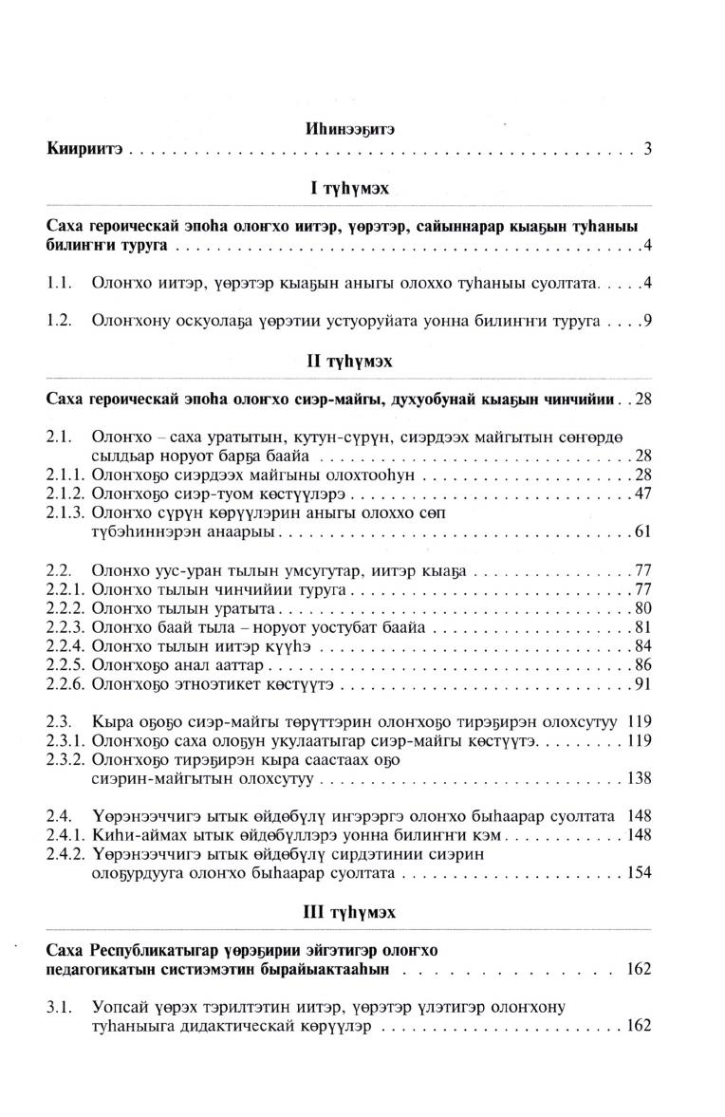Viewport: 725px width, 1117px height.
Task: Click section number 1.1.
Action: pyautogui.click(x=60, y=283)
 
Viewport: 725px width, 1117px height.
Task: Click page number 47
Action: pyautogui.click(x=642, y=493)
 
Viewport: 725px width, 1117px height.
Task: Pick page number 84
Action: pyautogui.click(x=642, y=646)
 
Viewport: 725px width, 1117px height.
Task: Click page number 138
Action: pyautogui.click(x=639, y=779)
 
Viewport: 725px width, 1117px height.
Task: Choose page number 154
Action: pyautogui.click(x=639, y=873)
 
